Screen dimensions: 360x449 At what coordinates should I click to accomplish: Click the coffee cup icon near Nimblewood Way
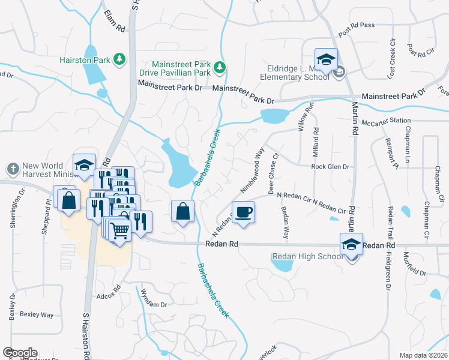click(243, 213)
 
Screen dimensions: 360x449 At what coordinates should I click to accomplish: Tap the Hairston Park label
click(85, 59)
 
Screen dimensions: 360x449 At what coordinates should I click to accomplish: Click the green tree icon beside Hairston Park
click(119, 59)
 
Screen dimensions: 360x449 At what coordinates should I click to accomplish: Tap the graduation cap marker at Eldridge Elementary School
click(325, 60)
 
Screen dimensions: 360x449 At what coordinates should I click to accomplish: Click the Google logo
click(20, 353)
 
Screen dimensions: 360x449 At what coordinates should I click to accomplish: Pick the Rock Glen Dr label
click(330, 167)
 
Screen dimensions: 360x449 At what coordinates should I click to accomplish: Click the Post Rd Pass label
click(357, 34)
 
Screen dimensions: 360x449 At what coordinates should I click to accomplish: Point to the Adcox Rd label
click(109, 296)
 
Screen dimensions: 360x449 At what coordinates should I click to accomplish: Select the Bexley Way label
click(37, 314)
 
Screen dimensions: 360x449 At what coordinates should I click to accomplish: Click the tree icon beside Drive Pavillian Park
click(220, 65)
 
